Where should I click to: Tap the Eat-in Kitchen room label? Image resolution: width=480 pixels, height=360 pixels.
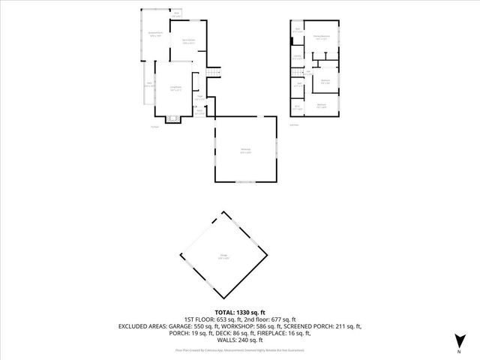[188, 41]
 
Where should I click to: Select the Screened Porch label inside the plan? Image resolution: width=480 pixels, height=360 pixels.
[156, 34]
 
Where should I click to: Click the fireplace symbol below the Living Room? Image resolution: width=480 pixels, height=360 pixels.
[173, 118]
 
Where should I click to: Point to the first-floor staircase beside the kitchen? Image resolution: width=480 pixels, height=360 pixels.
[214, 73]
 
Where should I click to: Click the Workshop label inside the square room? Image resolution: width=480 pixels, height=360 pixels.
[245, 151]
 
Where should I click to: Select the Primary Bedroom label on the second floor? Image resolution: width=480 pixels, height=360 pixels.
[321, 37]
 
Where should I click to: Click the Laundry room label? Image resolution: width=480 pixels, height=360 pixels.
[297, 56]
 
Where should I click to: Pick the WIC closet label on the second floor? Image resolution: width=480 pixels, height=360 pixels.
[297, 107]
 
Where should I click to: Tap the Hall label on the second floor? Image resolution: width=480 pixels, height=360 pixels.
[308, 71]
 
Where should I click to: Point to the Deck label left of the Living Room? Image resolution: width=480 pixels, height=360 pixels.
[150, 84]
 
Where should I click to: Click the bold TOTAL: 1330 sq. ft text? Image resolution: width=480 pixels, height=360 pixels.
[240, 312]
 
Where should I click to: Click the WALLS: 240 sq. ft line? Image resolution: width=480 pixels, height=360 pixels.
[240, 340]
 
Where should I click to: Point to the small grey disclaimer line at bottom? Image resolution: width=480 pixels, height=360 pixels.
[240, 349]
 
